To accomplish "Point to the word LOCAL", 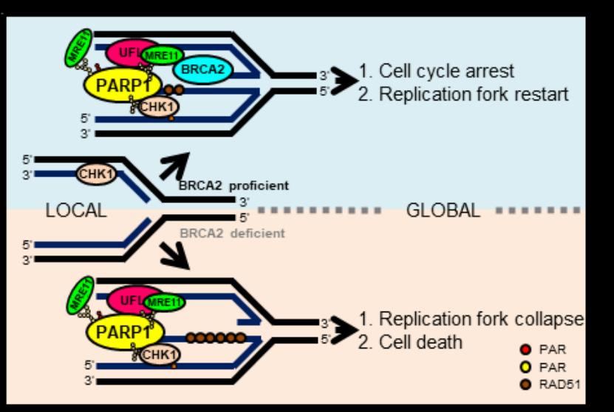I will coord(75,210).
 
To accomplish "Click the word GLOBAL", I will coord(443,210).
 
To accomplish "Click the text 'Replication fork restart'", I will coord(463,94).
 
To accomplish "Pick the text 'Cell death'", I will coord(420,342).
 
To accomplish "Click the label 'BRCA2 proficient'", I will coord(233,185).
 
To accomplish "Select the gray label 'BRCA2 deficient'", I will coord(232,233).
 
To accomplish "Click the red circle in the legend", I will coord(526,349).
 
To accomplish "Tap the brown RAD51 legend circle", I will coord(526,382).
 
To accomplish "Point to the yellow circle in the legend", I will coord(526,365).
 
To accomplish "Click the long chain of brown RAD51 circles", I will coord(215,337).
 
